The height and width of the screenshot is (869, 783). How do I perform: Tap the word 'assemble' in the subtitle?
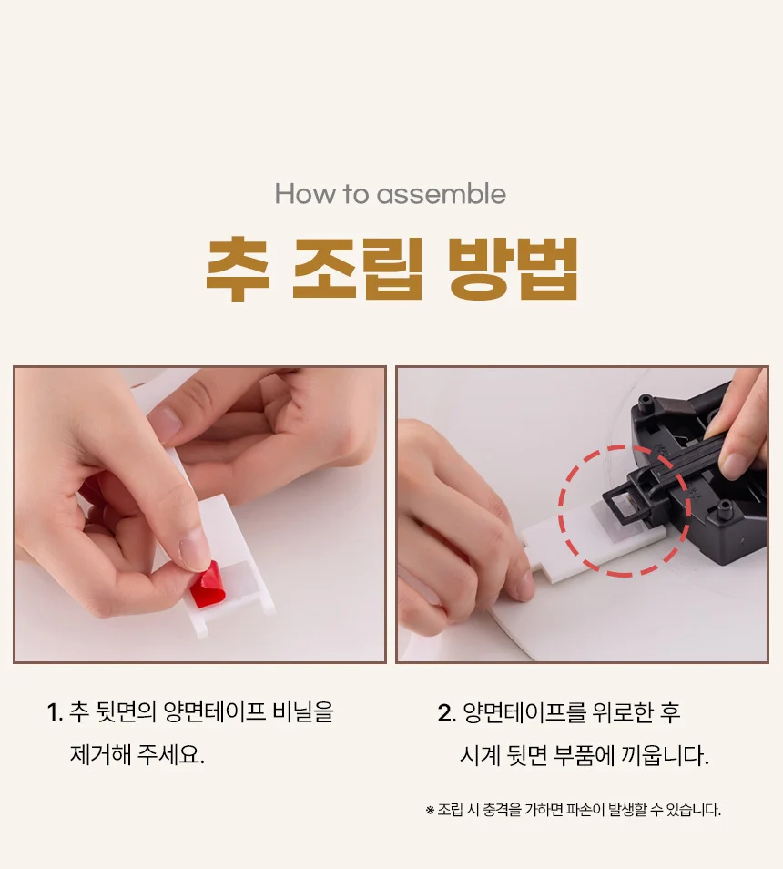(x=442, y=194)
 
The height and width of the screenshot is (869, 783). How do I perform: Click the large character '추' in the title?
(x=238, y=270)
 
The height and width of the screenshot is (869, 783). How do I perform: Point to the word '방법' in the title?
(x=513, y=270)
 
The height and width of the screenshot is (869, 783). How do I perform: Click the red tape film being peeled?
(x=208, y=585)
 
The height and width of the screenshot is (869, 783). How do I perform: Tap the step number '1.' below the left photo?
(x=55, y=712)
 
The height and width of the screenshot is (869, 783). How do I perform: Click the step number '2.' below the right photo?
(x=446, y=712)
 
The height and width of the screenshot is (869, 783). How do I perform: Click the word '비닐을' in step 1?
(x=303, y=712)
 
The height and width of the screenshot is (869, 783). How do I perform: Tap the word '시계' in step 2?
(x=480, y=755)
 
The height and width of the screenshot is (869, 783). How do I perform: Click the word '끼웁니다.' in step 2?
(x=665, y=755)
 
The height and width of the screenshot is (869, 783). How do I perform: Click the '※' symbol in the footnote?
(x=430, y=811)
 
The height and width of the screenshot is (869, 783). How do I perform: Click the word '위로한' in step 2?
(x=622, y=712)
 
